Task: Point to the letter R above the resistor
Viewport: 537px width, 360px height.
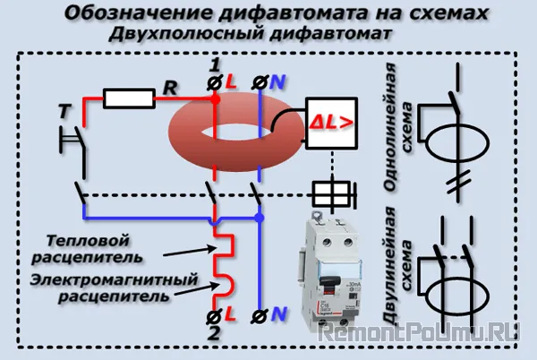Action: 168,86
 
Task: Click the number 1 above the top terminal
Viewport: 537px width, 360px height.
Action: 213,64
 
